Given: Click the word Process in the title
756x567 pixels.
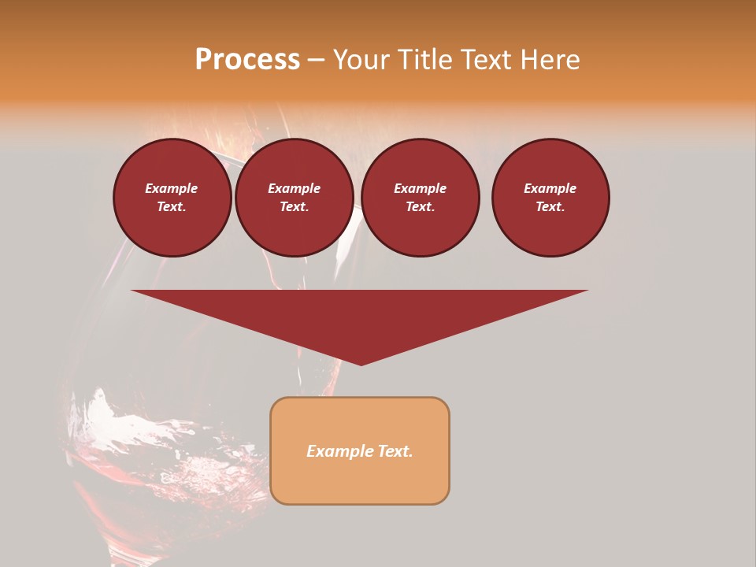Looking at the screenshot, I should [x=247, y=60].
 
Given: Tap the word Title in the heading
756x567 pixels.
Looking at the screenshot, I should [x=424, y=60].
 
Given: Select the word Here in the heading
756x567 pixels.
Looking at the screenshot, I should [x=550, y=60].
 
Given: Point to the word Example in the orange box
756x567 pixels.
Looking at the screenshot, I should [x=338, y=451].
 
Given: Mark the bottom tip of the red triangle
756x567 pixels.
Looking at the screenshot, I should [x=361, y=365].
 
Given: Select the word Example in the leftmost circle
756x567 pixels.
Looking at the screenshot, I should [x=172, y=188].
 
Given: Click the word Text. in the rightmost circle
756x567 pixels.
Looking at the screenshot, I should [x=550, y=206].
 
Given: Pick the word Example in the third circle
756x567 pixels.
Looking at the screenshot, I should [x=420, y=188].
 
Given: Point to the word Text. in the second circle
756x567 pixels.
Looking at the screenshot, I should [x=294, y=206].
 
